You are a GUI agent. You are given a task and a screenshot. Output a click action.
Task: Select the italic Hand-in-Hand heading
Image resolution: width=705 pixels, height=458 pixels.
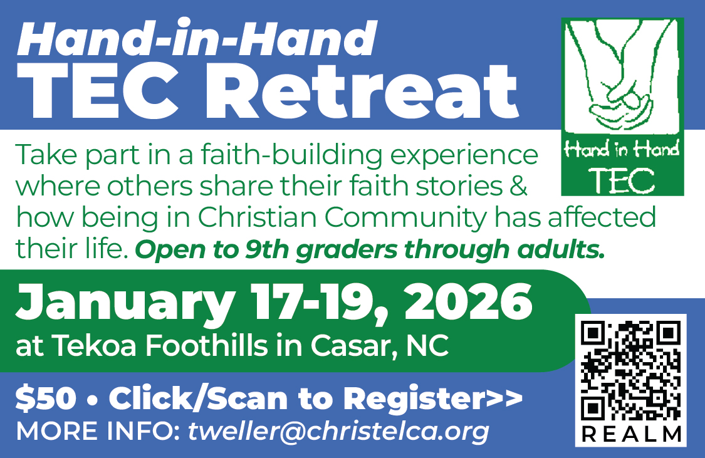point(197,38)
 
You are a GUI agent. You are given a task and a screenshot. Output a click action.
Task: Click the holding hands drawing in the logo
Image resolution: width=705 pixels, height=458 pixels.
point(622,76)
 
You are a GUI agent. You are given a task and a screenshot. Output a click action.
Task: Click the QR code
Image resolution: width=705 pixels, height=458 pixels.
point(631,370)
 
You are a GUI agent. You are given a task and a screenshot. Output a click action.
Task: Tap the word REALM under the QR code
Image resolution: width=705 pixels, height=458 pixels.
point(631,434)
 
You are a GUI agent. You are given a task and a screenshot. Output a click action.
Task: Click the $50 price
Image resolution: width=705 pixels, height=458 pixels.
point(46,398)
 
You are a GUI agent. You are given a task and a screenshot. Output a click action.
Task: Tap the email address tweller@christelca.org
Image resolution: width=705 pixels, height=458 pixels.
point(338,432)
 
